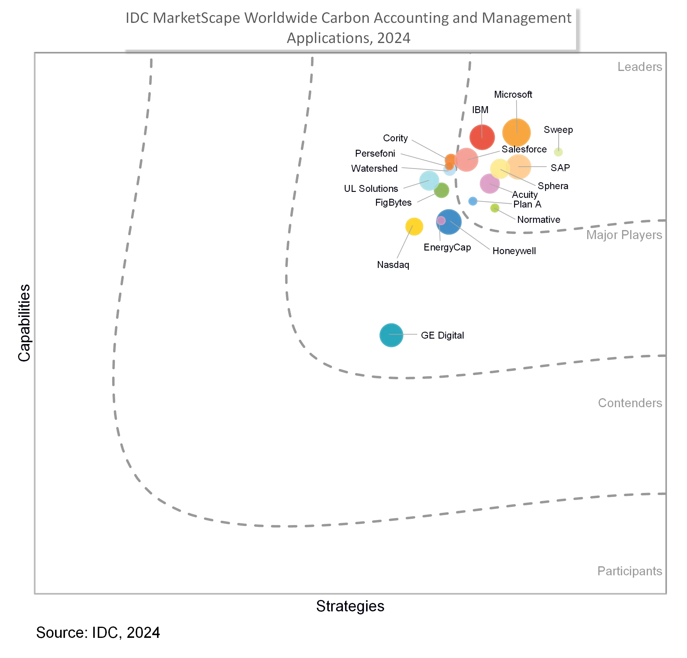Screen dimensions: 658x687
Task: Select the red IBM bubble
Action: coord(482,137)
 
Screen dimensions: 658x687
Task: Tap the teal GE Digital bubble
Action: coord(391,335)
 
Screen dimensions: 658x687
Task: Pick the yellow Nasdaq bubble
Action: coord(414,226)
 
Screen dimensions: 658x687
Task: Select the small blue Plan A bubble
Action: coord(473,201)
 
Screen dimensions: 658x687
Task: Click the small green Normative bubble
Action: coord(494,208)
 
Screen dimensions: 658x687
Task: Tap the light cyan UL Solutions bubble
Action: coord(429,180)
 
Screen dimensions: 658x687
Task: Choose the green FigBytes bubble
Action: coord(441,190)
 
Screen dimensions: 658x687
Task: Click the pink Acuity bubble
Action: coord(489,183)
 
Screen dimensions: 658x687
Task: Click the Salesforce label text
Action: coord(524,149)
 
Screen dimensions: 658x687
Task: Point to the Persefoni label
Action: coord(375,153)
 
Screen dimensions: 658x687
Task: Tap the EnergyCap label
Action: coord(447,248)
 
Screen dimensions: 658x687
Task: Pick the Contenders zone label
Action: coord(630,403)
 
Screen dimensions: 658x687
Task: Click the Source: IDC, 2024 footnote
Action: coord(98,633)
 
